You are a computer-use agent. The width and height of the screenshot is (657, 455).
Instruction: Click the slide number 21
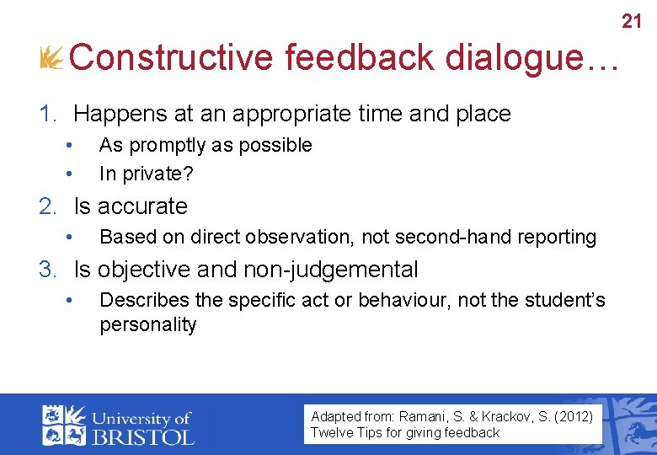pos(632,20)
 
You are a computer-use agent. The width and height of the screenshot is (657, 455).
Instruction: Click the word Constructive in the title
pos(173,58)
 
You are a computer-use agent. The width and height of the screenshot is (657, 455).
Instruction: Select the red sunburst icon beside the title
pos(51,57)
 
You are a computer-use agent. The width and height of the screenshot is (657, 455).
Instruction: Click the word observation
pos(307,238)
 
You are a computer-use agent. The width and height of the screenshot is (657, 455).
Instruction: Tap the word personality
pos(148,324)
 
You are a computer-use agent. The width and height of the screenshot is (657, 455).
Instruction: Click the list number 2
pos(46,206)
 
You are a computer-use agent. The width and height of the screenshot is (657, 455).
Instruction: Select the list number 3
pos(46,270)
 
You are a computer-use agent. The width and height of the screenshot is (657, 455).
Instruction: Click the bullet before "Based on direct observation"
pos(74,238)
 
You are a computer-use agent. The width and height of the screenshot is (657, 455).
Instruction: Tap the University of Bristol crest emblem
pos(64,424)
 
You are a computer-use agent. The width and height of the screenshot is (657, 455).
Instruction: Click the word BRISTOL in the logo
pos(144,436)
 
